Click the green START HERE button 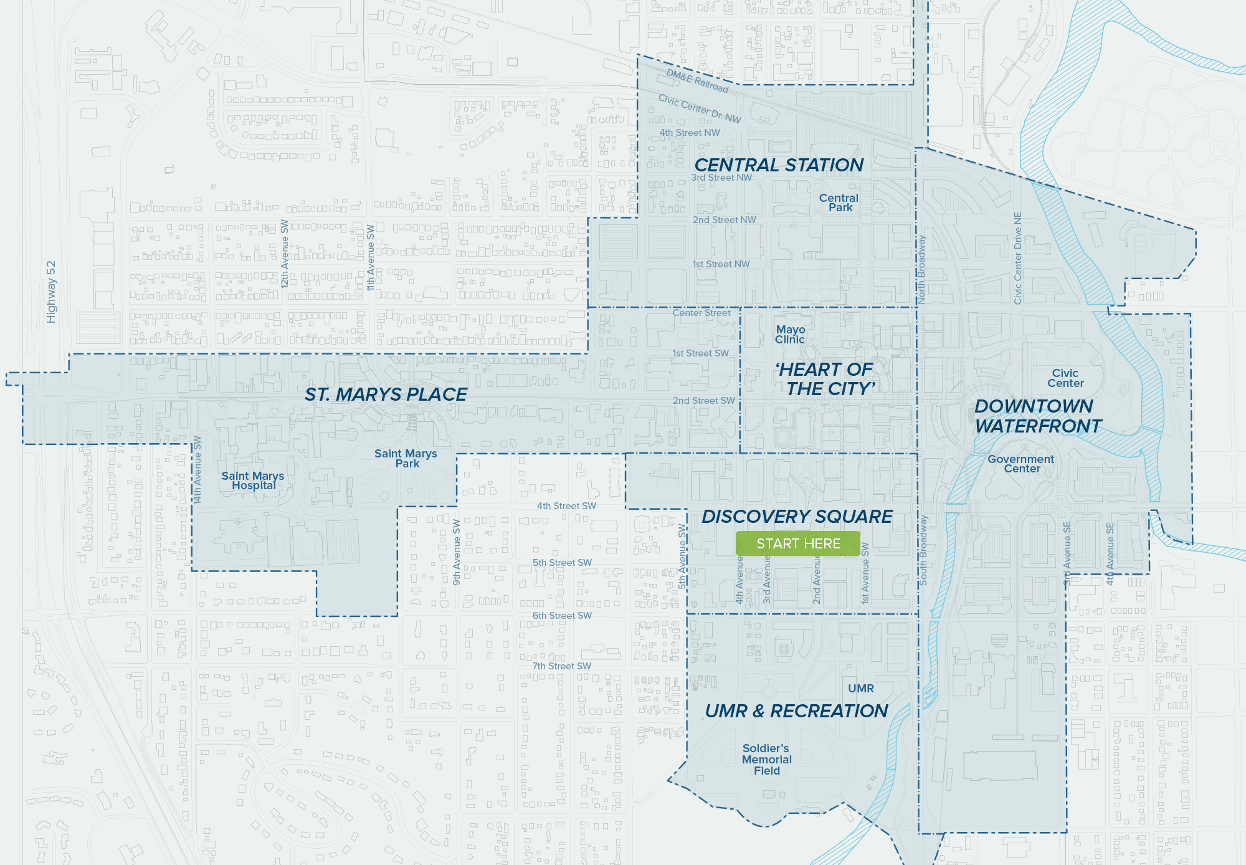pos(798,543)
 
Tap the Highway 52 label pos(51,292)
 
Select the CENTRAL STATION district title pos(779,165)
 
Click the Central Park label pos(839,203)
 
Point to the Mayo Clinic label pos(790,335)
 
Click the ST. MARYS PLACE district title pos(386,394)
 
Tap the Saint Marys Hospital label pos(253,480)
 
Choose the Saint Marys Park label pos(406,459)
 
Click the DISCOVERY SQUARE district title pos(797,517)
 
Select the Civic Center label pos(1065,378)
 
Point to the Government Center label pos(1021,464)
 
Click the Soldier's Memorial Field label pos(766,760)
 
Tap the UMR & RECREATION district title pos(796,711)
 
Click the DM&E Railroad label pos(697,81)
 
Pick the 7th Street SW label pos(561,666)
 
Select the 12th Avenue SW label pos(285,253)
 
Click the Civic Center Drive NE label pos(1018,258)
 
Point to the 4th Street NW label pos(689,133)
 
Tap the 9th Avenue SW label pos(457,552)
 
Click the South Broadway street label pos(923,550)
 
